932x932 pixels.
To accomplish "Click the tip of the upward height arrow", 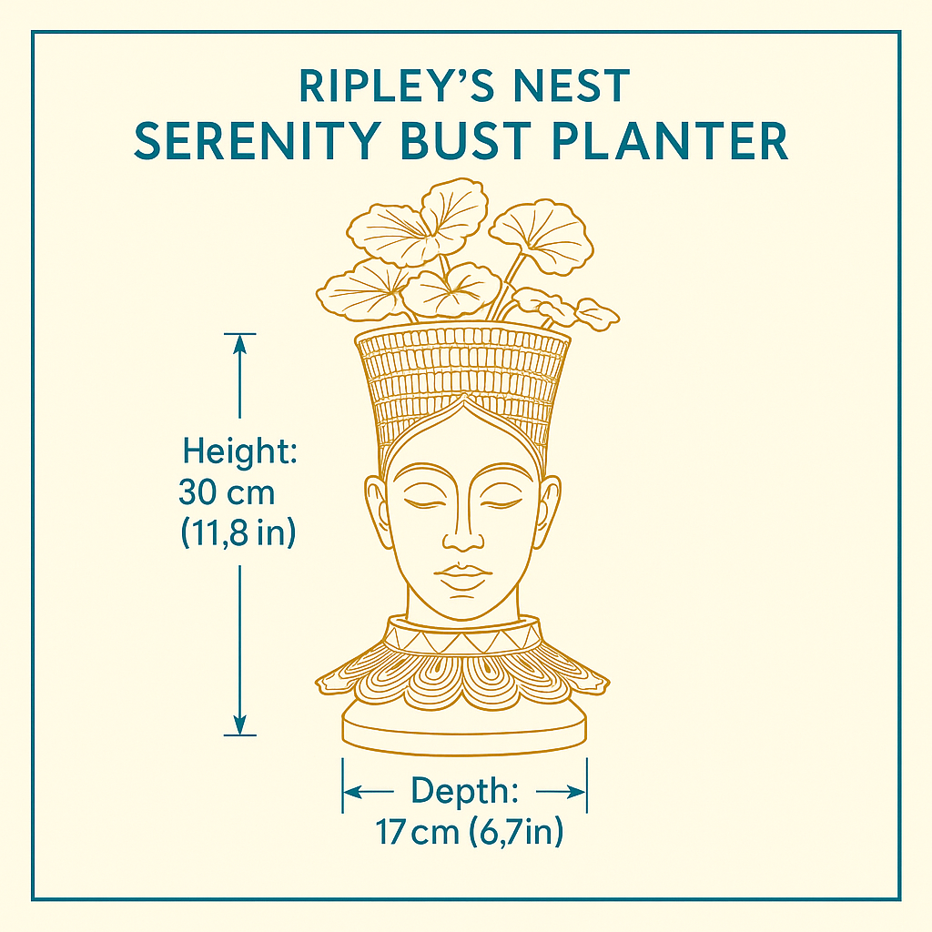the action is pyautogui.click(x=239, y=335).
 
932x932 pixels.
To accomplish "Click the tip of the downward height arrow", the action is pyautogui.click(x=239, y=734).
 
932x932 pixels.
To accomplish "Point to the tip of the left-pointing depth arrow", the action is pyautogui.click(x=344, y=792).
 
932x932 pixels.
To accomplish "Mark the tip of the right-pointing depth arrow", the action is pyautogui.click(x=585, y=792).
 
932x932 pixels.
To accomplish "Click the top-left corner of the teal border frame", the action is pyautogui.click(x=33, y=32).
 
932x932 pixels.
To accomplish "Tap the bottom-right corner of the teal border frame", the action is pyautogui.click(x=900, y=899).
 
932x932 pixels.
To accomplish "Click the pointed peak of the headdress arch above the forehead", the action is pyautogui.click(x=463, y=395).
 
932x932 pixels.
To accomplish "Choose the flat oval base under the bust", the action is pyautogui.click(x=463, y=728).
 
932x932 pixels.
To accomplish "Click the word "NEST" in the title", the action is pyautogui.click(x=571, y=86).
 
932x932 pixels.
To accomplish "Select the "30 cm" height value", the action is pyautogui.click(x=227, y=492).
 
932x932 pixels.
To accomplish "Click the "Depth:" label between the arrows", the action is pyautogui.click(x=465, y=791).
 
